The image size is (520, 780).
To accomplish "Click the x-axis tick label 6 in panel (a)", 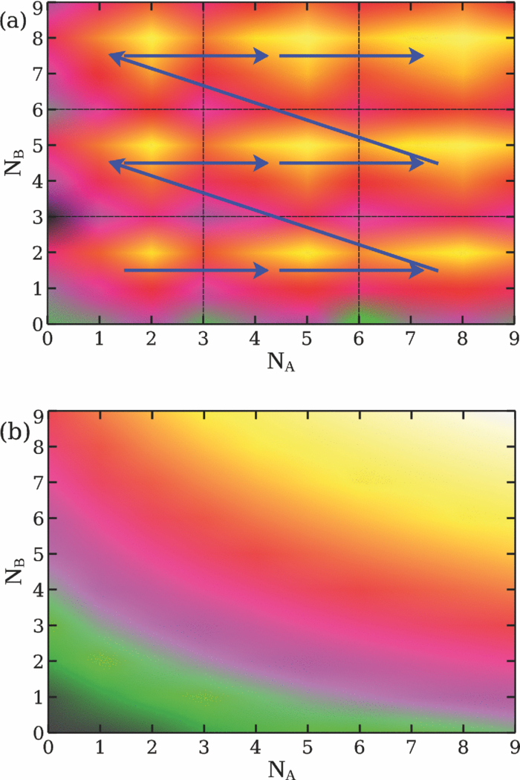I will pos(359,338).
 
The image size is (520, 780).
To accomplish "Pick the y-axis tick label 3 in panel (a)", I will pos(34,217).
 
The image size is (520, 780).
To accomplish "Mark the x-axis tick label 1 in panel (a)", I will pos(100,338).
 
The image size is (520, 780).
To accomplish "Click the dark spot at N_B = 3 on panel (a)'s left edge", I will pos(52,217).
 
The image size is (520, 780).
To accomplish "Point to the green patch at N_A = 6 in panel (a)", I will pos(359,316).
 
